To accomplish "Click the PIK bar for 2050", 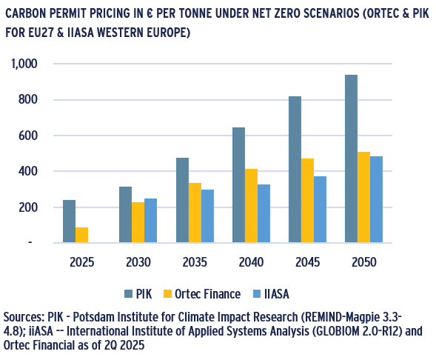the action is click(351, 159).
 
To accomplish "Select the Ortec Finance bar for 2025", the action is click(81, 235).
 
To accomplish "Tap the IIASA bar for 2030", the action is click(150, 220).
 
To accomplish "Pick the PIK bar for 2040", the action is click(238, 185).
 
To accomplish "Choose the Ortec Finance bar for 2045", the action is click(307, 201).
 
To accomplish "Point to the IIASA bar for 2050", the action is click(376, 199).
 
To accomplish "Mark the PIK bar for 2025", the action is click(70, 221).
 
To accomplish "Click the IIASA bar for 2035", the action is click(207, 216).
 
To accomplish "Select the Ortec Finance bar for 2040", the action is click(251, 206).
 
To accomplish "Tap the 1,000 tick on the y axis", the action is click(24, 64).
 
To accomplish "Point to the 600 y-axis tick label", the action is click(28, 136).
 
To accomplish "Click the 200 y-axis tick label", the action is click(28, 207).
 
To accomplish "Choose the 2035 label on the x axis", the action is click(195, 262).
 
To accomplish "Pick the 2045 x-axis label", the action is click(307, 262).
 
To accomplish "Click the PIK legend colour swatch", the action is click(128, 294).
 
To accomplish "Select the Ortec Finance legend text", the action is click(207, 294).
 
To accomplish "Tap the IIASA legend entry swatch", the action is click(257, 294).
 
